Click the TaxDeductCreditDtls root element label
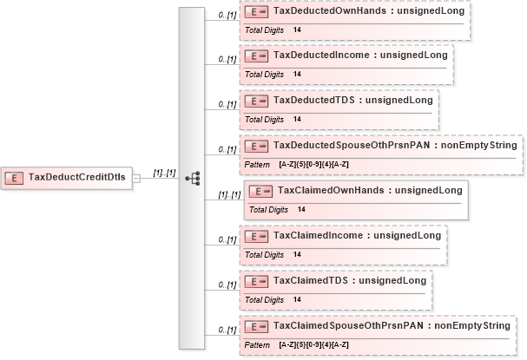pyautogui.click(x=77, y=177)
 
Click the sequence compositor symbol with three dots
pyautogui.click(x=194, y=178)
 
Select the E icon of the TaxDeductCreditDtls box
pyautogui.click(x=14, y=177)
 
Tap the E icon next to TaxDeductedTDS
pyautogui.click(x=256, y=100)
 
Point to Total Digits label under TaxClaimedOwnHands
pyautogui.click(x=269, y=209)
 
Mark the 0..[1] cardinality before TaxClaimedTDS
pyautogui.click(x=227, y=285)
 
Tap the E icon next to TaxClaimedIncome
pyautogui.click(x=256, y=235)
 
